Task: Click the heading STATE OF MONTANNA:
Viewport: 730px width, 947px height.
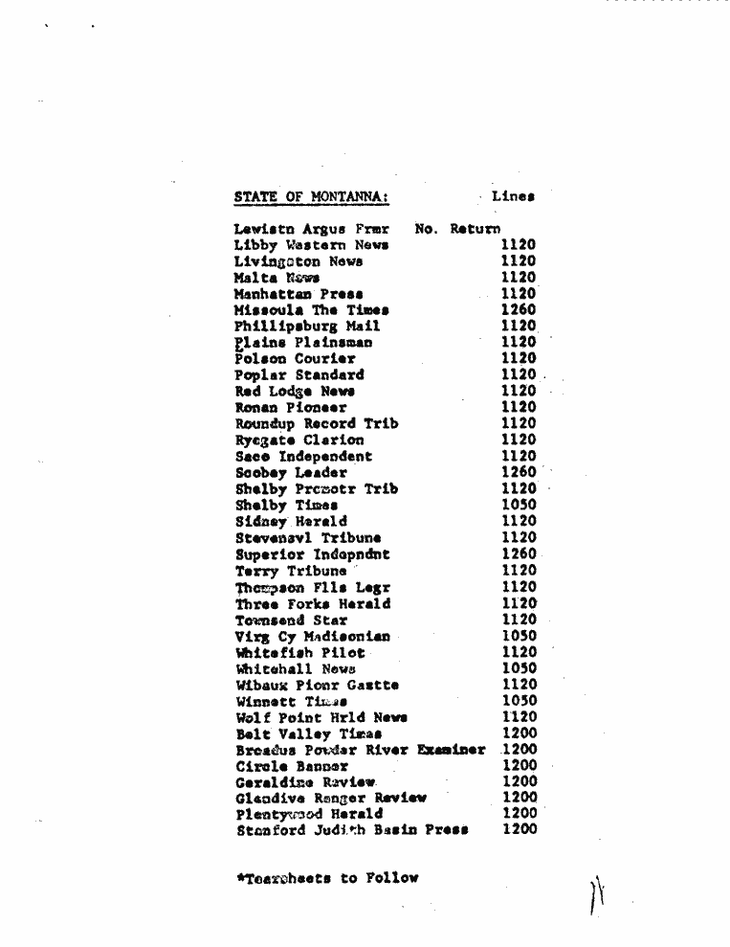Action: point(311,197)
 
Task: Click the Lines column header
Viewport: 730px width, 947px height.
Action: point(513,196)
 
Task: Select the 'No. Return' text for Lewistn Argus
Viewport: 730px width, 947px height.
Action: point(457,229)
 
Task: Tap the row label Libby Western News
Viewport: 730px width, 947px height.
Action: point(311,245)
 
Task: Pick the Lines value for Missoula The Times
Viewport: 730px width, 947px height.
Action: point(518,310)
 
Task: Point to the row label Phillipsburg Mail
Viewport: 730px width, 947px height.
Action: point(306,327)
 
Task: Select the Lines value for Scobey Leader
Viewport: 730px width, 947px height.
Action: point(518,472)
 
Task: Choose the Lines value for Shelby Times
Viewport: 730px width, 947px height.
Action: point(518,505)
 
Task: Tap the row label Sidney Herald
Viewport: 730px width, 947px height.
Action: point(291,522)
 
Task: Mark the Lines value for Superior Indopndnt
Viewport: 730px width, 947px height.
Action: point(518,553)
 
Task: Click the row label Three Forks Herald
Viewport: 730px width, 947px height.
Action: point(313,604)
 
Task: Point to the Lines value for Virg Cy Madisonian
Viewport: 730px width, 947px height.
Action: point(518,636)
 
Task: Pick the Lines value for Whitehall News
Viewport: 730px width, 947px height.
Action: point(518,668)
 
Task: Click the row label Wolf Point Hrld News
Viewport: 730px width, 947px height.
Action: point(321,717)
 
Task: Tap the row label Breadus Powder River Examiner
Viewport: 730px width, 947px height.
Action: point(361,750)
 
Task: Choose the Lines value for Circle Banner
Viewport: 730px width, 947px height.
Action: point(520,766)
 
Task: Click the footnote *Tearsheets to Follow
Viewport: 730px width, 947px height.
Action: point(327,877)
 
